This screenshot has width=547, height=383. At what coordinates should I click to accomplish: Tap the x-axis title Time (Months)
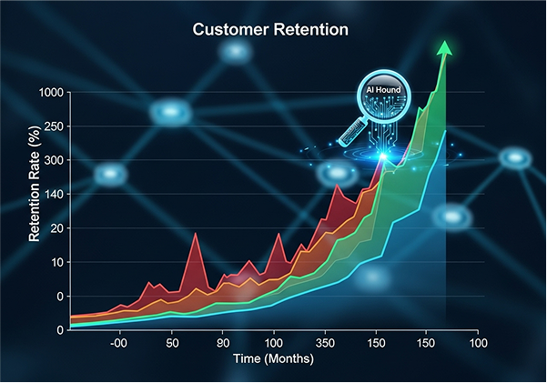click(x=273, y=359)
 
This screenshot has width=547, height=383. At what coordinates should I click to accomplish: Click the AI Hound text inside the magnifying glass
click(x=383, y=91)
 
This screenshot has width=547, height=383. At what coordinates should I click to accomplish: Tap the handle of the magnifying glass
click(x=350, y=135)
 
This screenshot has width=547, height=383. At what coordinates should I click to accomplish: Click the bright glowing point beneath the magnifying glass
click(x=383, y=156)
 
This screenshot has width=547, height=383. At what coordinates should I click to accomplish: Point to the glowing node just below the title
click(x=236, y=51)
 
